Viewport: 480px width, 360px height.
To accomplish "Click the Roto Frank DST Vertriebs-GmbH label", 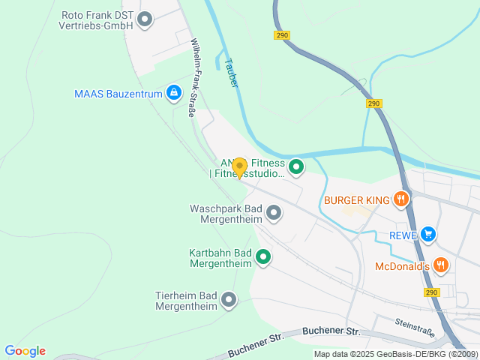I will point(97,19).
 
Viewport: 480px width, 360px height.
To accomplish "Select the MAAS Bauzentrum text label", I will point(118,94).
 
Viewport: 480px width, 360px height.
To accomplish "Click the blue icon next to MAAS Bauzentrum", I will point(174,93).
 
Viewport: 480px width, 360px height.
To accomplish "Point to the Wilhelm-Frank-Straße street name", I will point(197,77).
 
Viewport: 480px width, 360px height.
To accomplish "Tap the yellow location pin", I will point(239,167).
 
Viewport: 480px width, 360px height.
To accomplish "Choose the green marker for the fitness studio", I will point(296,167).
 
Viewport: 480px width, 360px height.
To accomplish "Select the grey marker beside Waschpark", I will point(274,214).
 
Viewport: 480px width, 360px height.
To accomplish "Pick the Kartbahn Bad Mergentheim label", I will point(220,257).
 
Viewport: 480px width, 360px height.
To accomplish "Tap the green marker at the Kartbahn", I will point(263,258).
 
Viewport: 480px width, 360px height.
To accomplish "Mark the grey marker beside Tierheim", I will point(229,301).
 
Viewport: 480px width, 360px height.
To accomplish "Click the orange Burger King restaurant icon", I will point(402,199).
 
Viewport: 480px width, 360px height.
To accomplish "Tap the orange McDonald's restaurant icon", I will point(441,265).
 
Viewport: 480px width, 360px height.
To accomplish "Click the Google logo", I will point(25,351).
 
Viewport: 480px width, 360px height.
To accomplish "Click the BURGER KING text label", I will point(357,200).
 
